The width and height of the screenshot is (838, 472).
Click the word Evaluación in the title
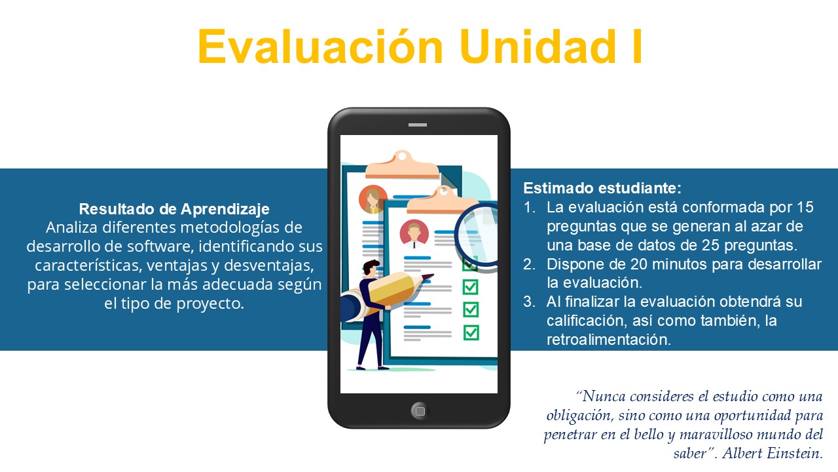[321, 47]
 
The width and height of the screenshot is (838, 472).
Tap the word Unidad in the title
[538, 47]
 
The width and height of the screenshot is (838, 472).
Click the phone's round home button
[420, 411]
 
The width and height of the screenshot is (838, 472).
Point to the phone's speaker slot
[418, 125]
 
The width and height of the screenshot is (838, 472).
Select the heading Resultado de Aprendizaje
[174, 209]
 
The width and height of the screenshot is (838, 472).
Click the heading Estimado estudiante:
[602, 188]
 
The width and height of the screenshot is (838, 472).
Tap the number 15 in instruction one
[805, 207]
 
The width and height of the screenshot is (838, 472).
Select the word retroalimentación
[609, 340]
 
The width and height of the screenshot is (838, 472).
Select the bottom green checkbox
[471, 332]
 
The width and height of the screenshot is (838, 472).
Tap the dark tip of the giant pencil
[428, 277]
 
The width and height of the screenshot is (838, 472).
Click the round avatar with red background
[414, 234]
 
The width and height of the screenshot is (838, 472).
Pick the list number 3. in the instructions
[530, 302]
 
